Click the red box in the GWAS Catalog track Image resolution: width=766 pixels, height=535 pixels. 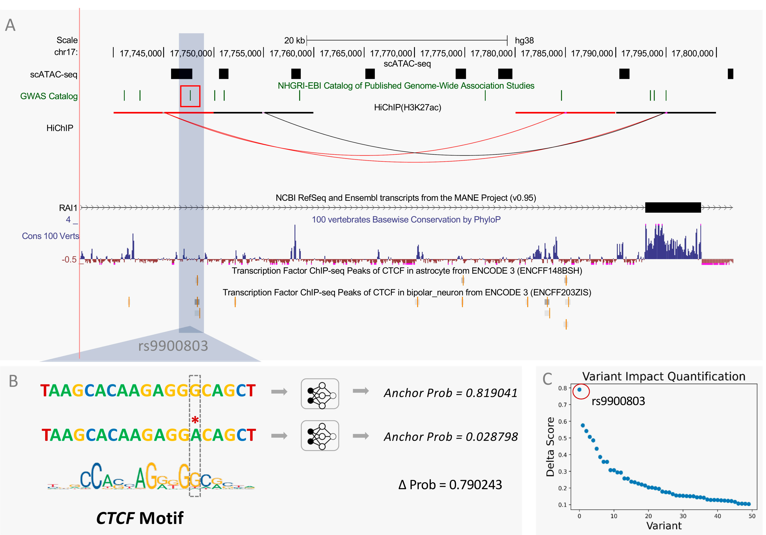click(190, 96)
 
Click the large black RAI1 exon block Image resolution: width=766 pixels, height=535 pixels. click(673, 208)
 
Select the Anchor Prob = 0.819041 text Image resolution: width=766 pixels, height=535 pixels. click(450, 393)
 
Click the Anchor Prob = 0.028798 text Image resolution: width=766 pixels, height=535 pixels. click(450, 437)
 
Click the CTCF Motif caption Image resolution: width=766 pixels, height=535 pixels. click(140, 518)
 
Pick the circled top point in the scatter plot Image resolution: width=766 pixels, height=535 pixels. click(580, 390)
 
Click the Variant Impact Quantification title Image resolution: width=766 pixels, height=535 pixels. click(664, 376)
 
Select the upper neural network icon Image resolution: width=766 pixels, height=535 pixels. click(320, 394)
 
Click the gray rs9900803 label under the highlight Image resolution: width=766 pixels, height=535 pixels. click(173, 346)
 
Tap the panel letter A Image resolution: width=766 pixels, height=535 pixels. click(10, 25)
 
